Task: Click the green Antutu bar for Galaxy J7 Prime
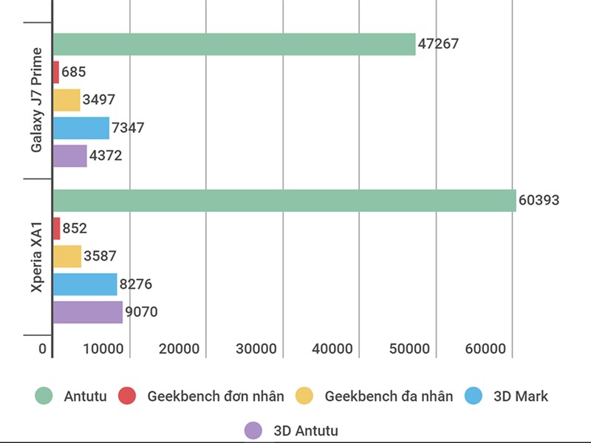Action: click(x=234, y=44)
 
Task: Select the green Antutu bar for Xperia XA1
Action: click(x=284, y=201)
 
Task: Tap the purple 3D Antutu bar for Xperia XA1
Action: click(x=88, y=312)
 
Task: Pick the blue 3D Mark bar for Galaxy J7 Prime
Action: click(x=81, y=128)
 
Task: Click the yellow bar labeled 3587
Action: click(x=67, y=257)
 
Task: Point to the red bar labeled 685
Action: click(x=56, y=72)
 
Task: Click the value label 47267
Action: click(x=438, y=44)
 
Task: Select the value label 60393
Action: click(x=539, y=201)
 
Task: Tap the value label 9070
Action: click(x=141, y=312)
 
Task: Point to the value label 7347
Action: click(x=128, y=128)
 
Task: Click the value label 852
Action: click(x=75, y=229)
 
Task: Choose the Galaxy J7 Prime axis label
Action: click(x=37, y=100)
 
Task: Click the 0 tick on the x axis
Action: click(x=43, y=349)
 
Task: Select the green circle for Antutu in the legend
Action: click(x=45, y=396)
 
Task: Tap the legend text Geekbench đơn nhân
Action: click(x=215, y=396)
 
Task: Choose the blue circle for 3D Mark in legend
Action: click(x=474, y=396)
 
